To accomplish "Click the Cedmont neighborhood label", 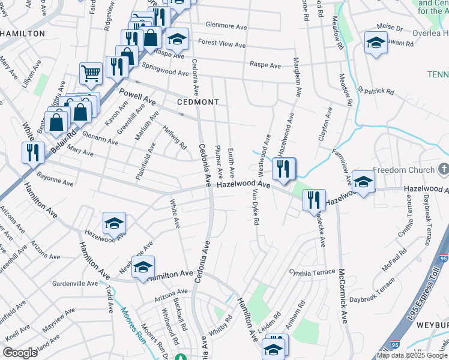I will (198, 102).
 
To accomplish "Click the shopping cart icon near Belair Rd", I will (91, 74).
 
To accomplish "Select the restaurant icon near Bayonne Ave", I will (32, 152).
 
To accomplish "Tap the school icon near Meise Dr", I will (376, 43).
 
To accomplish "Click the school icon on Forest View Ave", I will (176, 40).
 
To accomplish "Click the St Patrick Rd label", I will (376, 91).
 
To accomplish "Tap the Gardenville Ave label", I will (74, 283).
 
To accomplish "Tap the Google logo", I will (20, 353).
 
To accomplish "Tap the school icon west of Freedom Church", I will (363, 182).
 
